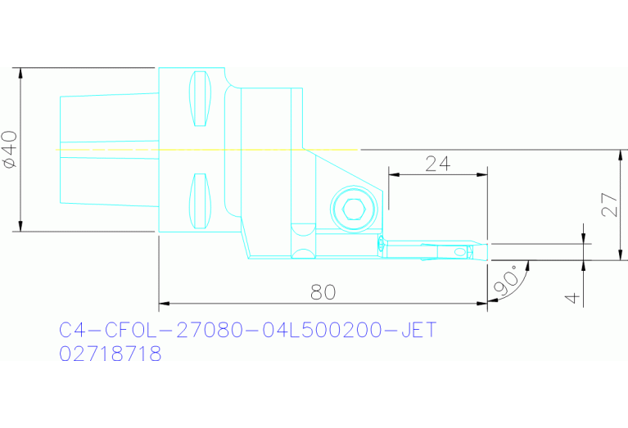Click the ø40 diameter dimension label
pyautogui.click(x=11, y=150)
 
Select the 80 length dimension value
pyautogui.click(x=323, y=291)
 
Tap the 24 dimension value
pyautogui.click(x=438, y=163)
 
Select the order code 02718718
pyautogui.click(x=111, y=354)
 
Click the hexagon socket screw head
pyautogui.click(x=354, y=209)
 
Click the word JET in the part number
pyautogui.click(x=415, y=331)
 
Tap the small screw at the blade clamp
pyautogui.click(x=381, y=244)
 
